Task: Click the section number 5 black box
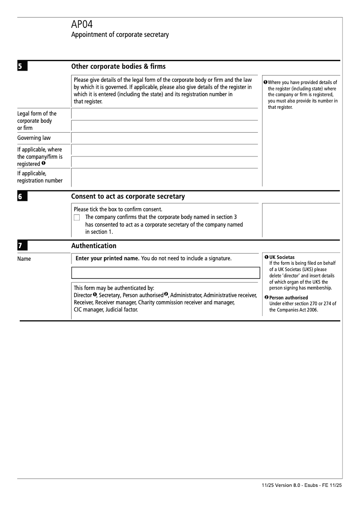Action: [x=22, y=67]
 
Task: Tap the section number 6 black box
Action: [x=22, y=197]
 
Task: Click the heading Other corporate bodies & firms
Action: [x=118, y=67]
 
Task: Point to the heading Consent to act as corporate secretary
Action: [x=128, y=196]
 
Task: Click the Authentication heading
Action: [x=94, y=246]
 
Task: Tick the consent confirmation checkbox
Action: [x=76, y=218]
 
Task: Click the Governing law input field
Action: [x=165, y=138]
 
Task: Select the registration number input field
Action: [x=165, y=177]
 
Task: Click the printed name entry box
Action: [x=166, y=272]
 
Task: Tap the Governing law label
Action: [x=34, y=138]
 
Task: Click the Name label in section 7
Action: [x=24, y=258]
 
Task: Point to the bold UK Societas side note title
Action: [x=282, y=258]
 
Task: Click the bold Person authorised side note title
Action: [x=288, y=298]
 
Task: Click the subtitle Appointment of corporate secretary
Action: [x=120, y=35]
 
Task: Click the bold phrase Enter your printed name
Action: [x=108, y=258]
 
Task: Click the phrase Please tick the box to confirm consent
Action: [x=118, y=209]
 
